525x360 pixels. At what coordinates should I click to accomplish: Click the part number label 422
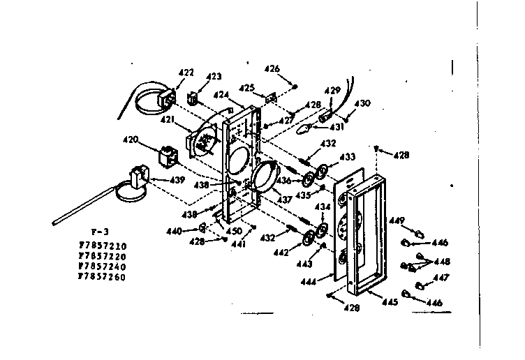click(x=186, y=73)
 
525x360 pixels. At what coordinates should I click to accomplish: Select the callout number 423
click(x=214, y=77)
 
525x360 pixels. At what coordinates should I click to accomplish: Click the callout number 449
click(x=397, y=221)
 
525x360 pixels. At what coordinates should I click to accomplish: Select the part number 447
click(x=441, y=278)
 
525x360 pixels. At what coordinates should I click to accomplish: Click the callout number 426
click(x=272, y=68)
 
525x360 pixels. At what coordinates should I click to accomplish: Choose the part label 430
click(x=362, y=103)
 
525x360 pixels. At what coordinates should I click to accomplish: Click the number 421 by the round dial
click(x=168, y=120)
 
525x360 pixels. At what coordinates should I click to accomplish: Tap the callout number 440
click(x=174, y=230)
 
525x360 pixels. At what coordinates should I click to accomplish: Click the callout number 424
click(x=221, y=95)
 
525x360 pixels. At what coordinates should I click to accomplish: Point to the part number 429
click(x=333, y=91)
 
